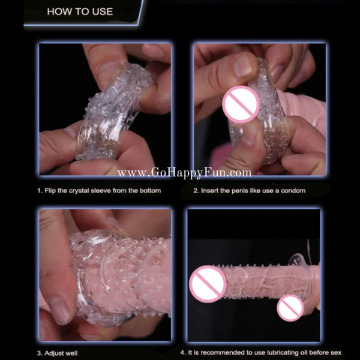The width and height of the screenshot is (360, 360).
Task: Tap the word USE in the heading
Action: point(103,11)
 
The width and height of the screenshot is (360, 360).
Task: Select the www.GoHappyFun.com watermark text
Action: point(184,173)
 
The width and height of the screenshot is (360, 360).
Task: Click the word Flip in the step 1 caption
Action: point(50,191)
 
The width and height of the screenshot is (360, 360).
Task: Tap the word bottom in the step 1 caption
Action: point(151,191)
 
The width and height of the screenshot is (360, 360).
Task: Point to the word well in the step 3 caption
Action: point(71,353)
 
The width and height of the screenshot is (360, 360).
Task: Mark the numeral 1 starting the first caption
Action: point(39,191)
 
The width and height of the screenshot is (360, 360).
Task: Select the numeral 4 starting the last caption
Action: point(183,352)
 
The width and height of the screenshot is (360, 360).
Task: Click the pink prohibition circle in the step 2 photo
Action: point(241,104)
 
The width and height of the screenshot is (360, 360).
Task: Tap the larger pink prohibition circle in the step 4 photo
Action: point(208,284)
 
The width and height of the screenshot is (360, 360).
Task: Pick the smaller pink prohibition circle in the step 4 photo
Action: point(290,308)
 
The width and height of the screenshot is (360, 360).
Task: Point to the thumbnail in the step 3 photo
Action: point(59,310)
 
